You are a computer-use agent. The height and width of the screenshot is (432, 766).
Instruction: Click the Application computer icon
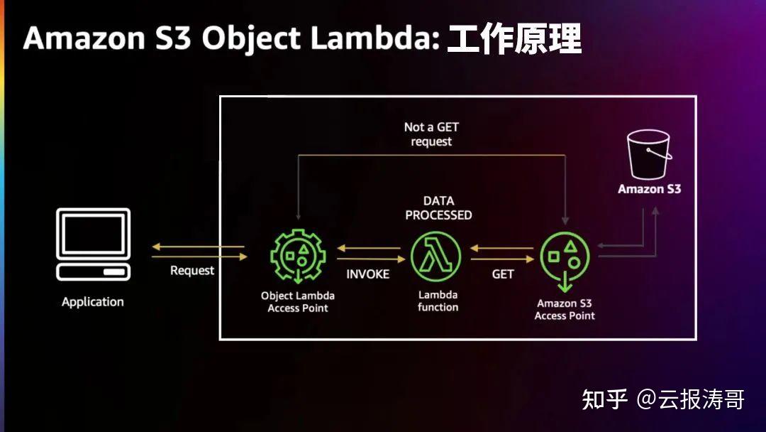93,244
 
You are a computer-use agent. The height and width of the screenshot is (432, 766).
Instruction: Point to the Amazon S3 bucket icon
649,156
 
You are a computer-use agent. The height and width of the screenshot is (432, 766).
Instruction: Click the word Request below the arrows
192,271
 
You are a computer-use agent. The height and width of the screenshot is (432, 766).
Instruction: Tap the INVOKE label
367,274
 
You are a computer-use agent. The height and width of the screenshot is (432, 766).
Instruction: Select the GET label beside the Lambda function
503,274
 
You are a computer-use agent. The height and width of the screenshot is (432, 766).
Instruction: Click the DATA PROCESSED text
438,208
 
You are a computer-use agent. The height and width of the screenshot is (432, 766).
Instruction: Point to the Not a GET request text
431,134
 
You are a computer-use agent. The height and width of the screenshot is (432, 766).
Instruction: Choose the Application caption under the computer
93,302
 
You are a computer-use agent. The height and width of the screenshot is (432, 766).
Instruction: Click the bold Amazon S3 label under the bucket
649,189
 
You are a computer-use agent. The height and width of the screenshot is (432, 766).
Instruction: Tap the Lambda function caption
438,301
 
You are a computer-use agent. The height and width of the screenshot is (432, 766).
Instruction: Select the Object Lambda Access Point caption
298,302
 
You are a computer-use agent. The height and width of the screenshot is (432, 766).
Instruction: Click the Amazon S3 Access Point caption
565,310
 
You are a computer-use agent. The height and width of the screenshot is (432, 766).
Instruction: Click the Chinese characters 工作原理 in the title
514,39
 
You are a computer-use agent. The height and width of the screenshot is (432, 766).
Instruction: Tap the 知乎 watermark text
604,399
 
